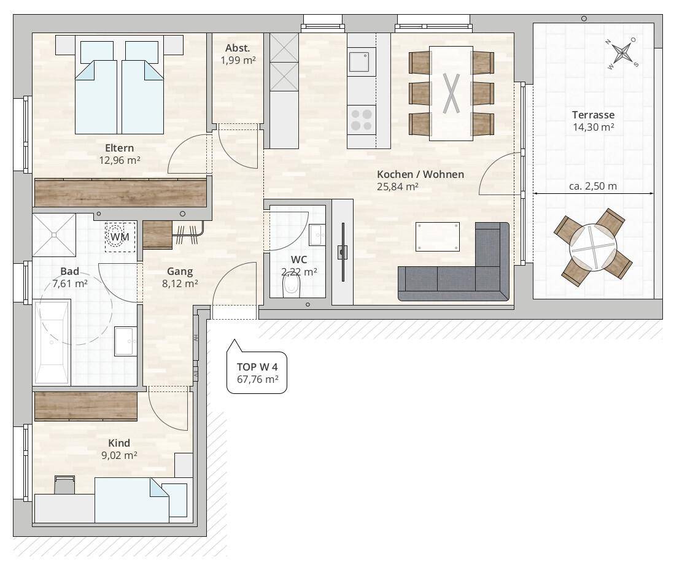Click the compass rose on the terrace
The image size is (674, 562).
[x=622, y=53]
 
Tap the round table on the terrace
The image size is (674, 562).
[x=593, y=248]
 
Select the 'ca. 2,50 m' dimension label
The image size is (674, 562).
[x=593, y=186]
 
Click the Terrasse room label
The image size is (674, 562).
[x=593, y=115]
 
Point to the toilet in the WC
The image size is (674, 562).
[x=292, y=285]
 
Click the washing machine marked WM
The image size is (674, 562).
[x=120, y=237]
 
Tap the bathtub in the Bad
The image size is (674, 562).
[x=52, y=342]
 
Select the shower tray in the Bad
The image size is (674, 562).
[x=54, y=235]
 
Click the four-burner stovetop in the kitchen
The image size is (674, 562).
[x=362, y=120]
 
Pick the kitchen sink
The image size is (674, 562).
[x=359, y=62]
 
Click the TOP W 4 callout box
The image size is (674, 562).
[x=257, y=372]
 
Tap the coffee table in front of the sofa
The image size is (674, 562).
[x=438, y=236]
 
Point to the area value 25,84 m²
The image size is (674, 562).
[x=398, y=187]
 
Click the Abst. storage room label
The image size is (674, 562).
[x=238, y=48]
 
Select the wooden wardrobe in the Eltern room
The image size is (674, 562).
[x=120, y=193]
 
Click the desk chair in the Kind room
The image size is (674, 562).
[x=64, y=485]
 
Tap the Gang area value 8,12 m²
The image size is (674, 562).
[x=180, y=283]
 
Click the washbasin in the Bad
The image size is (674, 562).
[x=125, y=341]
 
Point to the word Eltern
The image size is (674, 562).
[x=120, y=148]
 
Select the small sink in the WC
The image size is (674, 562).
[x=317, y=234]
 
